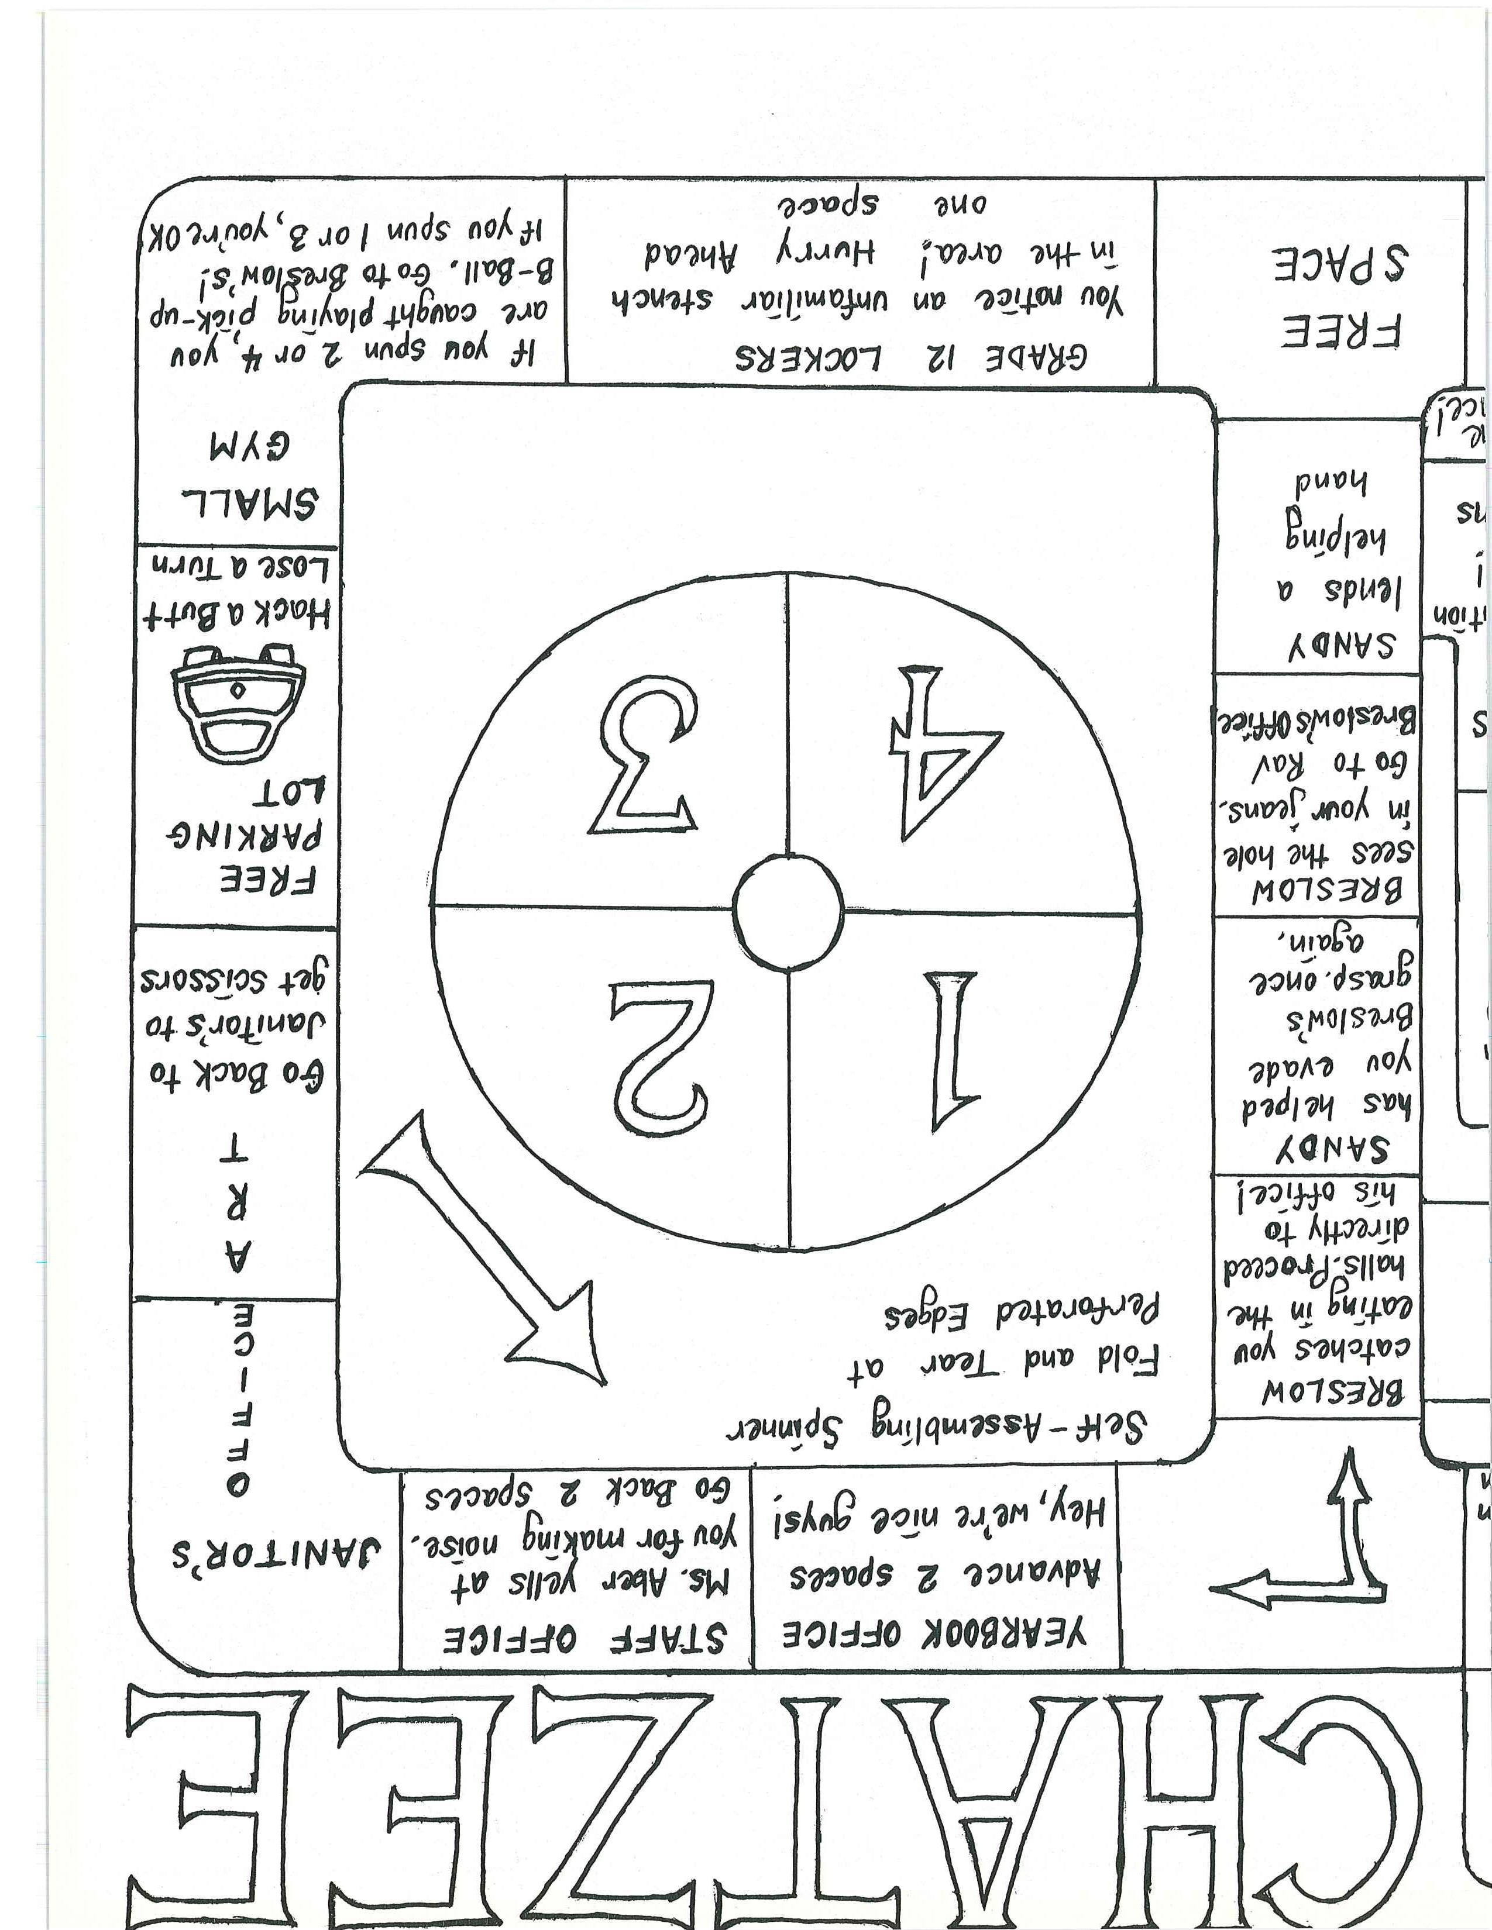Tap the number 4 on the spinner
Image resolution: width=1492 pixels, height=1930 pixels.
click(948, 751)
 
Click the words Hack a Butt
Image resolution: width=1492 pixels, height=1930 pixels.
click(238, 615)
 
